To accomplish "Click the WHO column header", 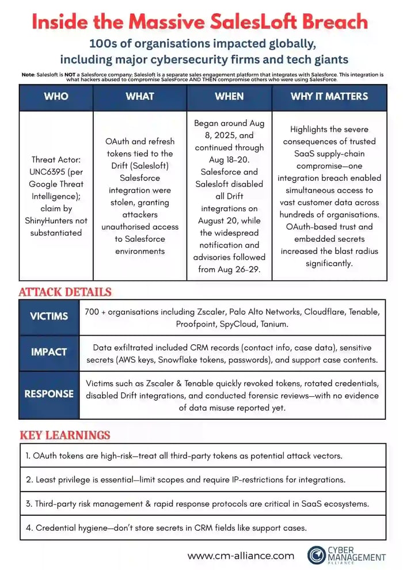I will [56, 96].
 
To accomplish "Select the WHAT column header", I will [140, 96].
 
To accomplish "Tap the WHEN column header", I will [229, 96].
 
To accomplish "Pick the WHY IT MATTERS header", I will [329, 96].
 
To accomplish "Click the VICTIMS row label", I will [49, 316].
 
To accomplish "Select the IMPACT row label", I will [49, 352].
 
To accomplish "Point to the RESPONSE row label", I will [49, 394].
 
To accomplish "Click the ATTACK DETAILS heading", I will [65, 292].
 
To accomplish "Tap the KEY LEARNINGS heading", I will [64, 435].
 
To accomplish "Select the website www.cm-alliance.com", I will [241, 556].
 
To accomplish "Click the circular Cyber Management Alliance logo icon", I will [317, 555].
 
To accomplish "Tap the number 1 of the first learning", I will [27, 455].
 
